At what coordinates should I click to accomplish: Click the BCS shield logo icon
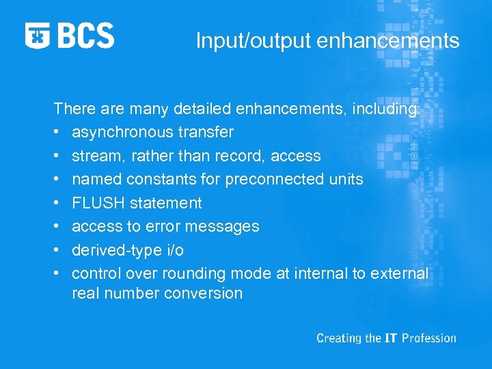(38, 36)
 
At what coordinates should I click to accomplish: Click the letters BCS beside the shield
(86, 36)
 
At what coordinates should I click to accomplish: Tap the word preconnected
(266, 179)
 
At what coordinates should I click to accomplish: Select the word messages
(226, 226)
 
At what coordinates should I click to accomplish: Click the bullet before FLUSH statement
(58, 204)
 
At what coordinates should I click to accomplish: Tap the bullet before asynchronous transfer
(58, 133)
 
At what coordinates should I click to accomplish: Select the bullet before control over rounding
(58, 274)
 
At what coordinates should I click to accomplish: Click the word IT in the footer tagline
(390, 338)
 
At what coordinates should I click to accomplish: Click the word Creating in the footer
(338, 338)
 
